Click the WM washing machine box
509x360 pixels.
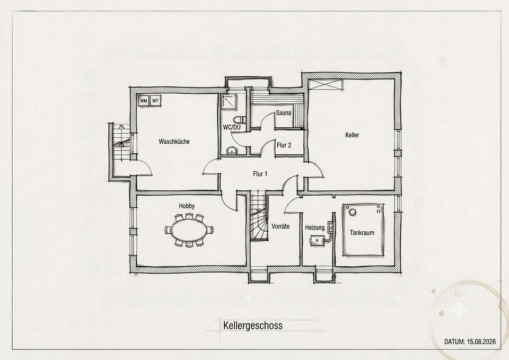(144, 101)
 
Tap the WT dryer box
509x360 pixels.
(156, 101)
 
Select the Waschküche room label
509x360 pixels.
(174, 142)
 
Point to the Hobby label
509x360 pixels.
(187, 206)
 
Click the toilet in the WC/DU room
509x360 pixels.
(240, 119)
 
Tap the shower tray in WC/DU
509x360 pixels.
(229, 101)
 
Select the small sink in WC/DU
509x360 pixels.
(232, 150)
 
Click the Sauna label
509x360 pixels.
(283, 113)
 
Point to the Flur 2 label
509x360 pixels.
(284, 145)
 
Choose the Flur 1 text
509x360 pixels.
(260, 174)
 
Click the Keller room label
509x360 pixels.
(352, 135)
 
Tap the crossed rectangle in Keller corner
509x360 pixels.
(326, 84)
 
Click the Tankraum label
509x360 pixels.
(362, 233)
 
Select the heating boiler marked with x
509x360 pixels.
(317, 240)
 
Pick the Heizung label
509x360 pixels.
(314, 227)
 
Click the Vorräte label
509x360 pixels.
(280, 226)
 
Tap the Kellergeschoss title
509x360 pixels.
(253, 326)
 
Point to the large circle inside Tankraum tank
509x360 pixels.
(352, 212)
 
